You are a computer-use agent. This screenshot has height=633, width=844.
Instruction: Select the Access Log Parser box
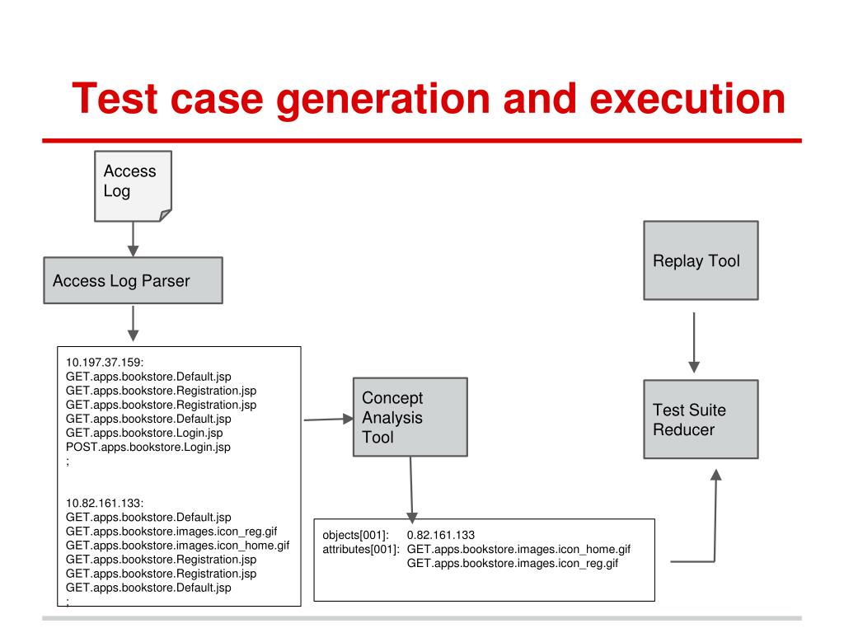pyautogui.click(x=133, y=281)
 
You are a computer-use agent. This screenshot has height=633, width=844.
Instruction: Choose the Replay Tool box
pyautogui.click(x=700, y=260)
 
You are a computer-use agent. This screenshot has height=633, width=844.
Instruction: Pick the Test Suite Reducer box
pyautogui.click(x=700, y=419)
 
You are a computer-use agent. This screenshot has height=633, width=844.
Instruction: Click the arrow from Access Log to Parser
pyautogui.click(x=133, y=241)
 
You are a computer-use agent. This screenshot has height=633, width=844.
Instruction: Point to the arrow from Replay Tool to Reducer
pyautogui.click(x=694, y=341)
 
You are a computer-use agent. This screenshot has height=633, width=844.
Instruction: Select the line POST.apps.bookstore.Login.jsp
pyautogui.click(x=148, y=447)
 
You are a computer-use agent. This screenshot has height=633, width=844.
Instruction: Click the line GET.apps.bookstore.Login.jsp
pyautogui.click(x=145, y=433)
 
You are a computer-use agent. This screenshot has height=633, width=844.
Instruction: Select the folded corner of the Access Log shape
pyautogui.click(x=165, y=215)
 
